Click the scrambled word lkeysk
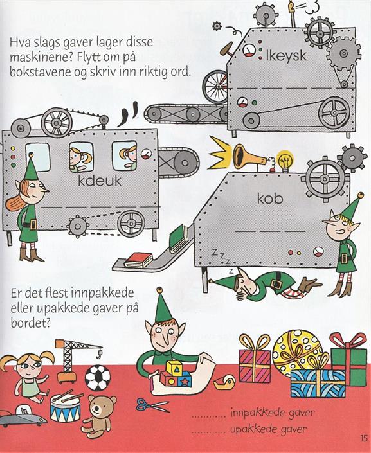(x=285, y=55)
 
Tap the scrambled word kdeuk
(x=100, y=181)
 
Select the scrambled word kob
(x=270, y=199)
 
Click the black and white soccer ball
(x=98, y=378)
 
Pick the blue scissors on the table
(x=152, y=405)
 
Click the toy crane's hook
(x=100, y=352)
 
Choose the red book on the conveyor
(x=138, y=260)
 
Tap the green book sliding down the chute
(x=180, y=238)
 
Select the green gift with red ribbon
(x=348, y=359)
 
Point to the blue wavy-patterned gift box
(x=318, y=383)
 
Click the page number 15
(x=364, y=438)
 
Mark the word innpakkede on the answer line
(x=255, y=413)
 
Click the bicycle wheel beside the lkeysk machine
(x=215, y=86)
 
